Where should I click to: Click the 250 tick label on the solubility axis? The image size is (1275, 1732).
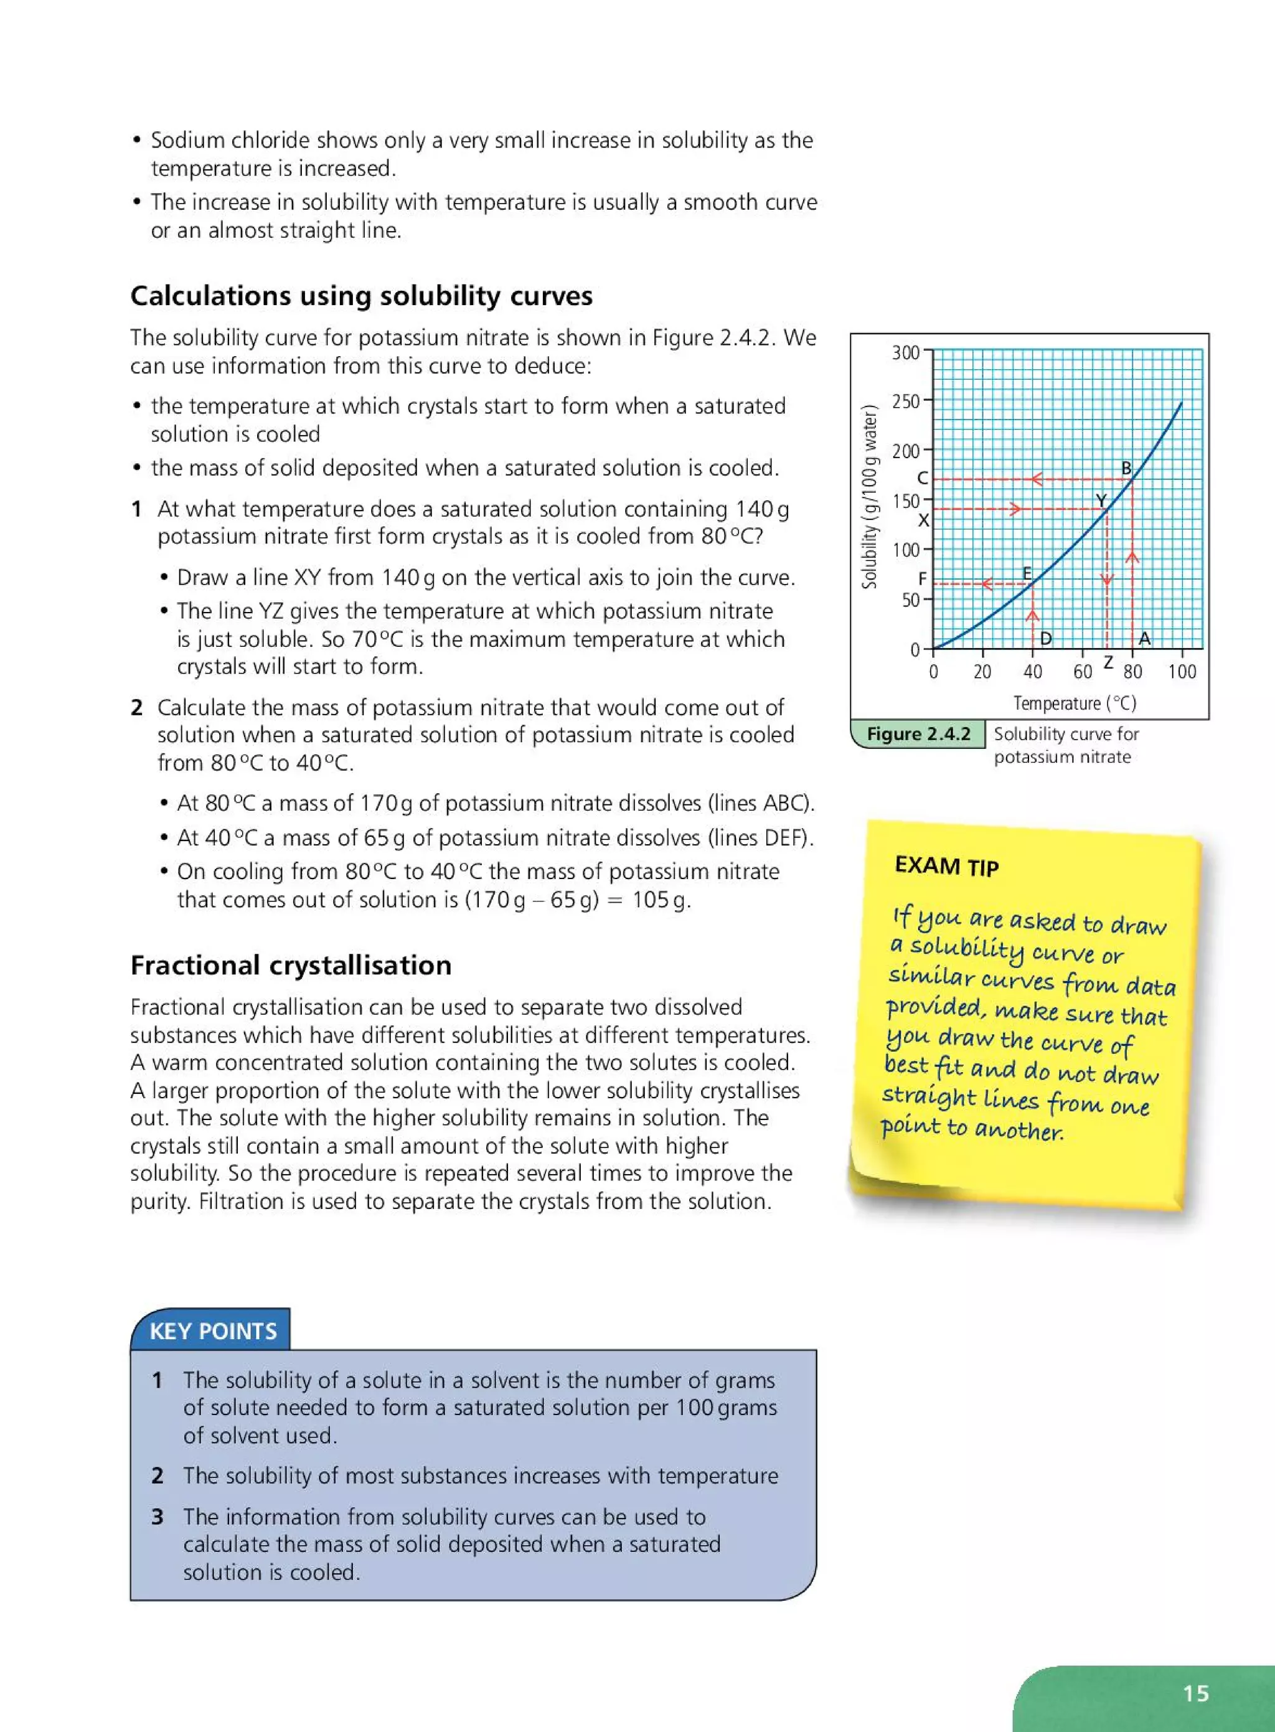coord(905,402)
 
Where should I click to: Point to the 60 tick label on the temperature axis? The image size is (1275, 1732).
coord(1082,672)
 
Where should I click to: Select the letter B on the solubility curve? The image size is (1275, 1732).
coord(1126,468)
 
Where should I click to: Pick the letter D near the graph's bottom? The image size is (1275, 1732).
coord(1046,638)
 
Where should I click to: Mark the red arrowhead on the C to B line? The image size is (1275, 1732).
coord(1037,479)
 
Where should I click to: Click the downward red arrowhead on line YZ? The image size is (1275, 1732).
coord(1107,580)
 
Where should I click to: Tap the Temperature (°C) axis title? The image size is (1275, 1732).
coord(1075,703)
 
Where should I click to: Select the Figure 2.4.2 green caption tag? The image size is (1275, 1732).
coord(918,734)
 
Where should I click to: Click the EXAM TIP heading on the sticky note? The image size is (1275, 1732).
coord(946,866)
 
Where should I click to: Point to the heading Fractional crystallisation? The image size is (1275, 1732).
coord(290,965)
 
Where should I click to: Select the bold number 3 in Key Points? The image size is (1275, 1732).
coord(158,1516)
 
